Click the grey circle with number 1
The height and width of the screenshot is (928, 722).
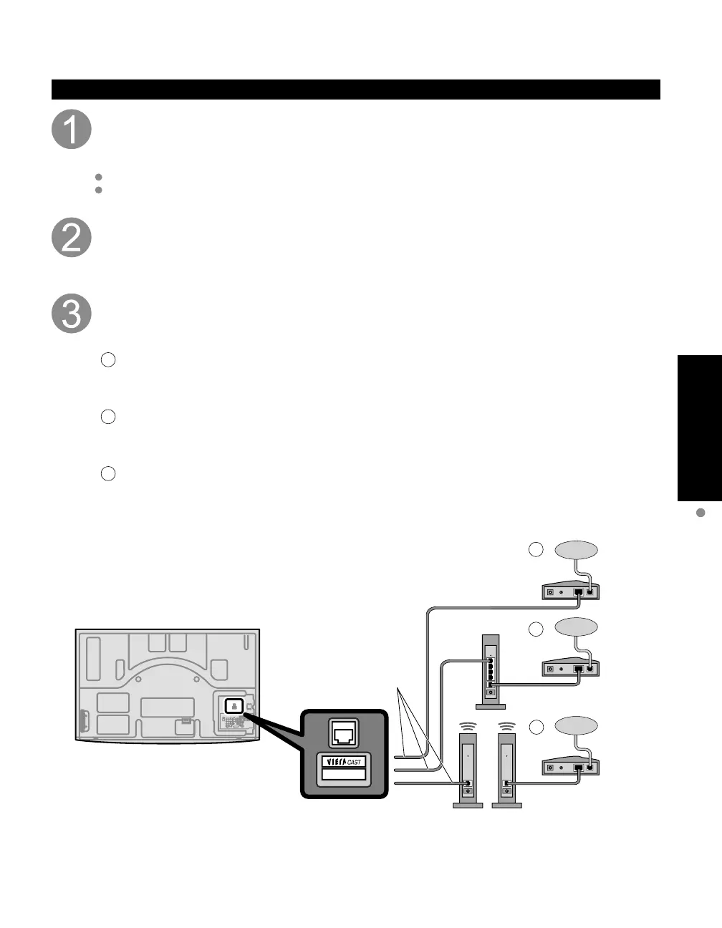point(72,130)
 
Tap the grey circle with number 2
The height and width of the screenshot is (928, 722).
point(72,238)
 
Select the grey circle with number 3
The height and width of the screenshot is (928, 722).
point(72,313)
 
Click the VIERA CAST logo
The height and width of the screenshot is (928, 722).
point(344,762)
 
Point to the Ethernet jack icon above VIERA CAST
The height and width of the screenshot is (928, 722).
point(344,733)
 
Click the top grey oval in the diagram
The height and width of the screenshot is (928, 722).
point(577,550)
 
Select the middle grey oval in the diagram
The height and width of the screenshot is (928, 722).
point(577,627)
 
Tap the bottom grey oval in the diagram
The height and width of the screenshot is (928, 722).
point(577,726)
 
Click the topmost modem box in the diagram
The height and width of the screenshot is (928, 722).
point(570,590)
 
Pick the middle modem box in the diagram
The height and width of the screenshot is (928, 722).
point(570,668)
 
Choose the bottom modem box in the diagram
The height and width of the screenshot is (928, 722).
point(570,767)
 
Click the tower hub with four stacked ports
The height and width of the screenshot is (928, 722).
point(490,672)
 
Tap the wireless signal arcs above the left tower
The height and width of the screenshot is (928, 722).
point(467,725)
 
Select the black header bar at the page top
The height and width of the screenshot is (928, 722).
point(355,90)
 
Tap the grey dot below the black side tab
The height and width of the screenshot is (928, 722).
point(701,513)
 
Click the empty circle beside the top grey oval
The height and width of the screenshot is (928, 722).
point(536,550)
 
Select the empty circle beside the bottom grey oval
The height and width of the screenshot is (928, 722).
point(536,726)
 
